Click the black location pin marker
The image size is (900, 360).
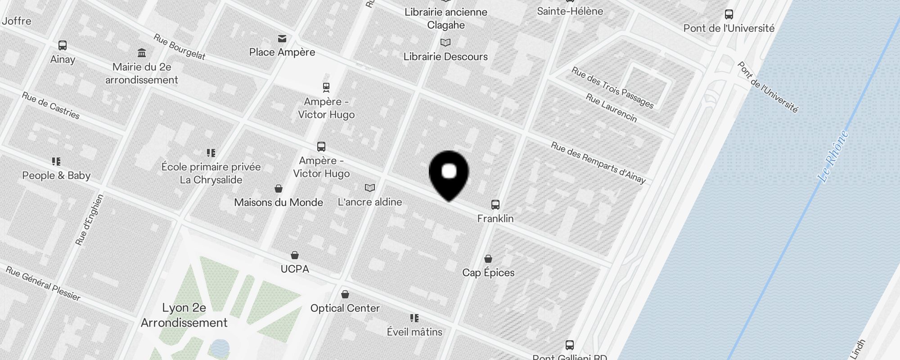pos(449,174)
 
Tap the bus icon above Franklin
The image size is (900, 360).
pos(495,205)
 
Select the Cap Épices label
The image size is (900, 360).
pos(488,272)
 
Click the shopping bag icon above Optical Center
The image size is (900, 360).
pos(345,294)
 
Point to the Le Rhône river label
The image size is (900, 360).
pos(833,156)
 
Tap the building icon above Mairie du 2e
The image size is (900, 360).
pos(142,53)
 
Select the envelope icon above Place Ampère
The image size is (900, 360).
pos(282,39)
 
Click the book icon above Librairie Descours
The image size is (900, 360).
pos(445,43)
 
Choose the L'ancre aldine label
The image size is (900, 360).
pos(369,202)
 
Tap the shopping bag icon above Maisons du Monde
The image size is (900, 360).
pos(279,188)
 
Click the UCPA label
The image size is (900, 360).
pos(295,269)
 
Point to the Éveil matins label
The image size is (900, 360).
pos(414,332)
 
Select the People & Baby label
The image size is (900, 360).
pos(56,175)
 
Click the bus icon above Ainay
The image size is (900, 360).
pos(63,45)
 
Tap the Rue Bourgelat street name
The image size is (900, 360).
pos(179,47)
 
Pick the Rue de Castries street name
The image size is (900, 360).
pos(51,106)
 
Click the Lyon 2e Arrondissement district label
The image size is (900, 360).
pos(184,315)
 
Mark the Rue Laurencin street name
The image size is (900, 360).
pos(611,108)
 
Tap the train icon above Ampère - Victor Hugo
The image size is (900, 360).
pos(326,87)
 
